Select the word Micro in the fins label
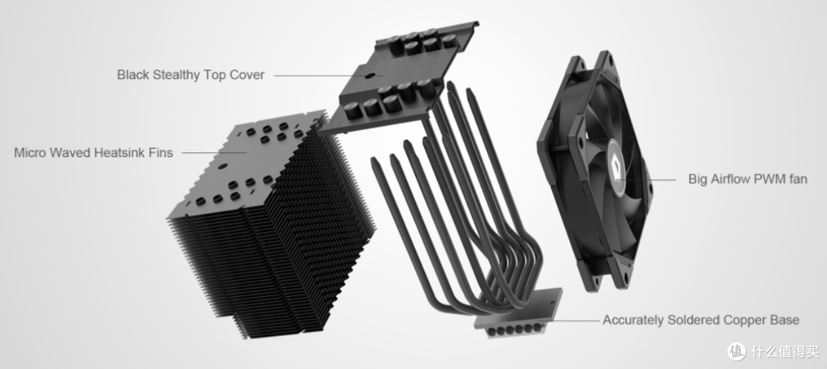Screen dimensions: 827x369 click(x=30, y=153)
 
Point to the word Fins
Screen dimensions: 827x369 click(x=162, y=153)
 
